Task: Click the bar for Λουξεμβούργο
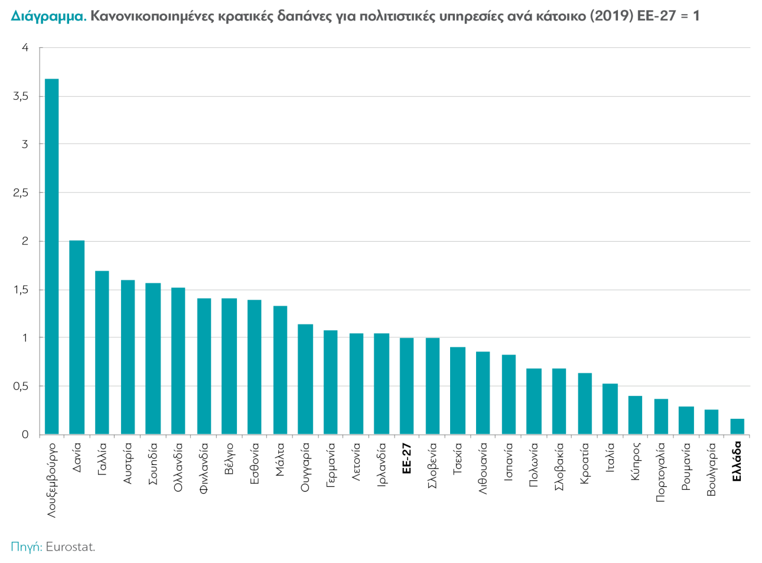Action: tap(52, 257)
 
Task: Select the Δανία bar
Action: tap(77, 337)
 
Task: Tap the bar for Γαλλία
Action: tap(102, 353)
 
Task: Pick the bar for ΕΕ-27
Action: tap(406, 386)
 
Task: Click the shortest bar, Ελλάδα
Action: tap(737, 427)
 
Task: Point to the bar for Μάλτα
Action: tap(280, 370)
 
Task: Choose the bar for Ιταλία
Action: tap(610, 409)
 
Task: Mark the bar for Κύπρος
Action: tap(635, 415)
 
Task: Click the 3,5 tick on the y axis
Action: tap(21, 96)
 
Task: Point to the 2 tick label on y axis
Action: tap(25, 241)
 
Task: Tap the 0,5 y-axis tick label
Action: tap(21, 386)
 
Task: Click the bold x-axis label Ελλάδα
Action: tap(737, 462)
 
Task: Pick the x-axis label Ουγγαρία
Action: tap(305, 467)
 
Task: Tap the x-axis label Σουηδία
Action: tap(153, 464)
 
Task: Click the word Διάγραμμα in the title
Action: tap(48, 16)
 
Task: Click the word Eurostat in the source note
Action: tap(70, 546)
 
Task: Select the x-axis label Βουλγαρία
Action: tap(712, 470)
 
